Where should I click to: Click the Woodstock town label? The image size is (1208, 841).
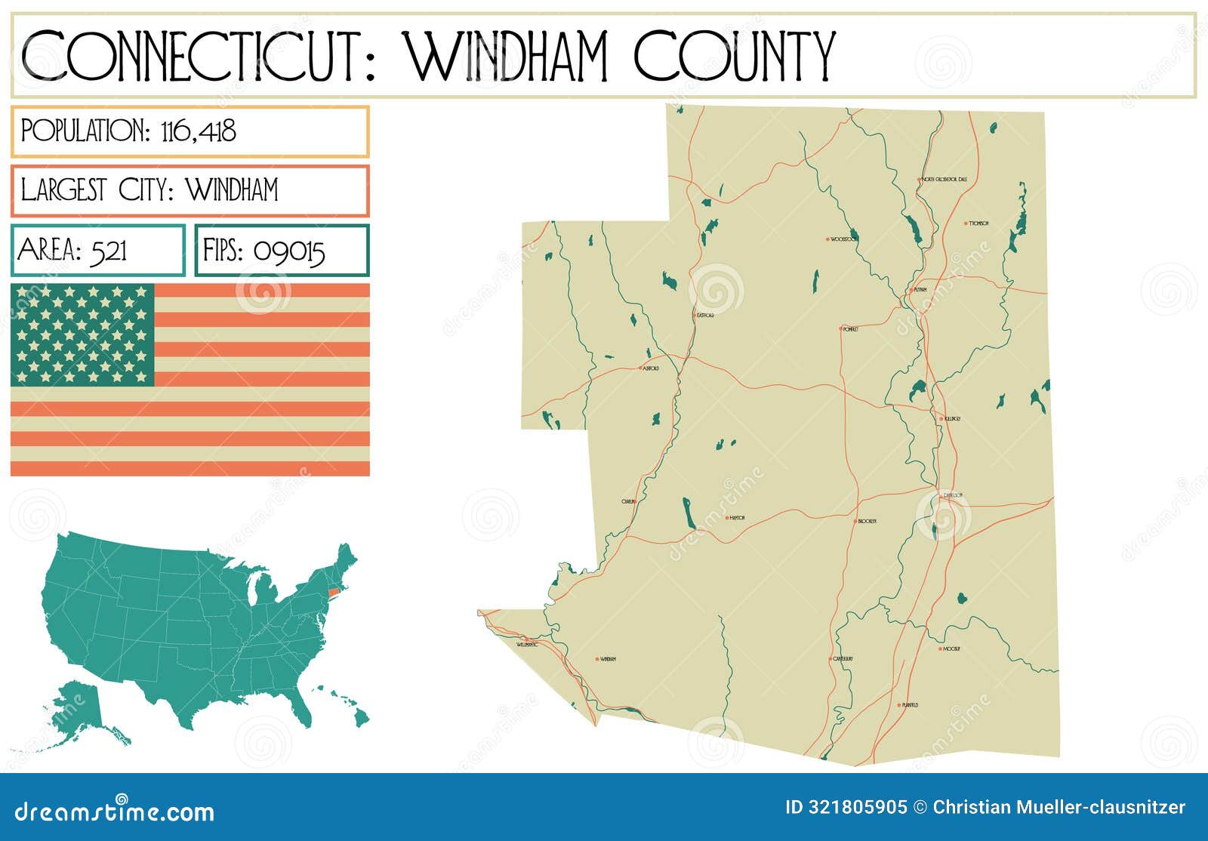(x=844, y=239)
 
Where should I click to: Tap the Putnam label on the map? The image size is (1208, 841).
(x=920, y=289)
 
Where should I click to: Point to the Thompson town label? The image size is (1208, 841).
(x=979, y=223)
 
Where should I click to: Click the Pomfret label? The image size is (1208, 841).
(x=851, y=329)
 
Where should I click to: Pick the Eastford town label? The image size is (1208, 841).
(x=705, y=315)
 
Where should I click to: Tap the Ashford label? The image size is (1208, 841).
(x=650, y=368)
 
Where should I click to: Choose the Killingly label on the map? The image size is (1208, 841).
(x=952, y=418)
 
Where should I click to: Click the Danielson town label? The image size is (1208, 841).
(x=953, y=495)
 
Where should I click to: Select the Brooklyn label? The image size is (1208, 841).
(x=867, y=522)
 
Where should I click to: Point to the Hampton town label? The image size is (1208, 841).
(x=737, y=518)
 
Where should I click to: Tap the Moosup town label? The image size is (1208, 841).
(x=951, y=648)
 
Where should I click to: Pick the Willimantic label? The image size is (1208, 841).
(x=528, y=645)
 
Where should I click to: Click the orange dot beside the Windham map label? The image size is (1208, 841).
(x=596, y=659)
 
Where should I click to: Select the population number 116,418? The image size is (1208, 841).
(x=199, y=131)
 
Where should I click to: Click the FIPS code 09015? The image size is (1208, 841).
(x=289, y=251)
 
